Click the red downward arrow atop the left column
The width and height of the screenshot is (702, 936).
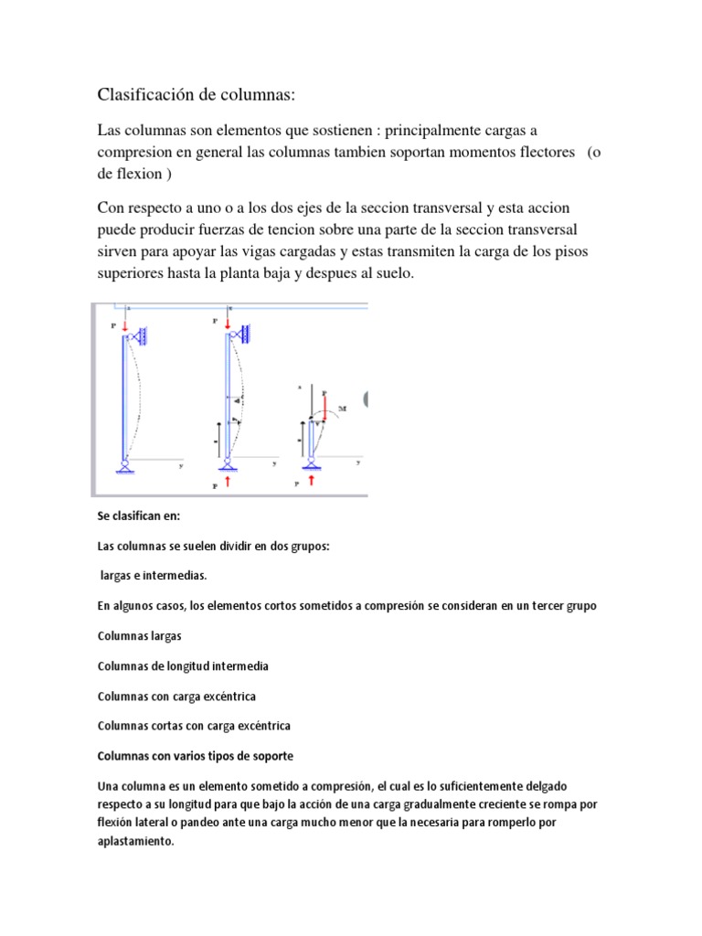[125, 324]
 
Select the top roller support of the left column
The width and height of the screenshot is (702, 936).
[137, 339]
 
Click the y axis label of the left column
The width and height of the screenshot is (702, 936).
[181, 465]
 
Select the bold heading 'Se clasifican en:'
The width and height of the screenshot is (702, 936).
[139, 516]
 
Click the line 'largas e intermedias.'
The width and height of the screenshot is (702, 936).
[153, 576]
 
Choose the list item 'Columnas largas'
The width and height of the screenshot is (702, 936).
[139, 636]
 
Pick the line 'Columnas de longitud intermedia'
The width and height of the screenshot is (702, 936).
[183, 666]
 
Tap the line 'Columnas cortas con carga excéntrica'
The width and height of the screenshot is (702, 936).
[194, 726]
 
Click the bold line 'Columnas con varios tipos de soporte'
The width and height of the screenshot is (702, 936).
[196, 756]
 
